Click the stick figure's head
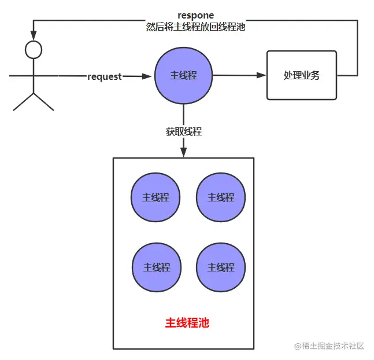(x=34, y=50)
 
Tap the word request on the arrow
(x=105, y=76)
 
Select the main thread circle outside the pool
(x=183, y=76)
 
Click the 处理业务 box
(x=301, y=75)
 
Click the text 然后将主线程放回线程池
(x=196, y=27)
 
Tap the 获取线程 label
(x=183, y=131)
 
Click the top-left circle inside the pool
(x=155, y=197)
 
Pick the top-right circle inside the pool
(x=221, y=197)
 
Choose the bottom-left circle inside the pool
(x=156, y=267)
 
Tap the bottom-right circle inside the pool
(x=221, y=267)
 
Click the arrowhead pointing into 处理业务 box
(x=262, y=75)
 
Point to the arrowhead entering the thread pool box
(x=183, y=152)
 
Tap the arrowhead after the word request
(x=149, y=76)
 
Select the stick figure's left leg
(x=23, y=102)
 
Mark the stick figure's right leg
(x=45, y=102)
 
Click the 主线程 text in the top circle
(x=183, y=76)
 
